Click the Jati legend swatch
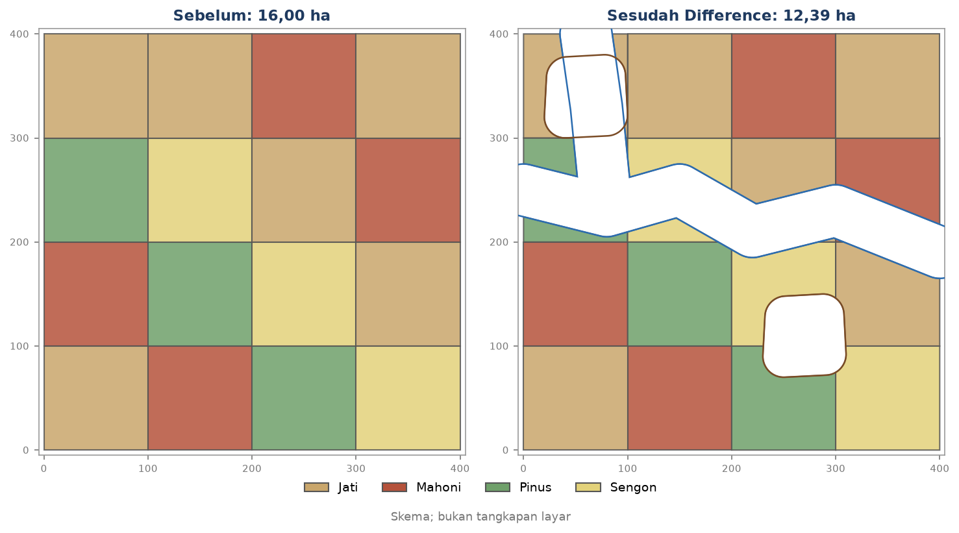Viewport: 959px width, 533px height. click(316, 487)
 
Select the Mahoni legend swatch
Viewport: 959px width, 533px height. click(394, 487)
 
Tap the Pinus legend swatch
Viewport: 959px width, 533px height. click(497, 487)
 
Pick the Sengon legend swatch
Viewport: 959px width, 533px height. click(588, 487)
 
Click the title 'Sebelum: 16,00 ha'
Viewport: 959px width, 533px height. click(252, 16)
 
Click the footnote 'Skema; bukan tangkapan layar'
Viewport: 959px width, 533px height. click(480, 517)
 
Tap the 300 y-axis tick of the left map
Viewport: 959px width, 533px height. click(19, 138)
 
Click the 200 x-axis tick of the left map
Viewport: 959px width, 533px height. click(252, 469)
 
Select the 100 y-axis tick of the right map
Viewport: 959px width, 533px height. click(499, 346)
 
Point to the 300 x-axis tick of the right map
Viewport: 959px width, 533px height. click(836, 469)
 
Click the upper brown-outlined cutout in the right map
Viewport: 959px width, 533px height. click(586, 96)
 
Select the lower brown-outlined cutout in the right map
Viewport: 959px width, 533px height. click(804, 336)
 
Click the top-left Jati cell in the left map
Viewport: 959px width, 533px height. click(96, 86)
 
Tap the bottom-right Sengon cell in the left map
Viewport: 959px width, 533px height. click(408, 398)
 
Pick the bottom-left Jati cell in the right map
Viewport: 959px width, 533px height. click(575, 398)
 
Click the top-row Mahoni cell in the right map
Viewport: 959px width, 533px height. click(784, 86)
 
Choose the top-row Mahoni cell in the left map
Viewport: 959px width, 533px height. click(304, 86)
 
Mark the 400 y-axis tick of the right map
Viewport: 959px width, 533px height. click(499, 34)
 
